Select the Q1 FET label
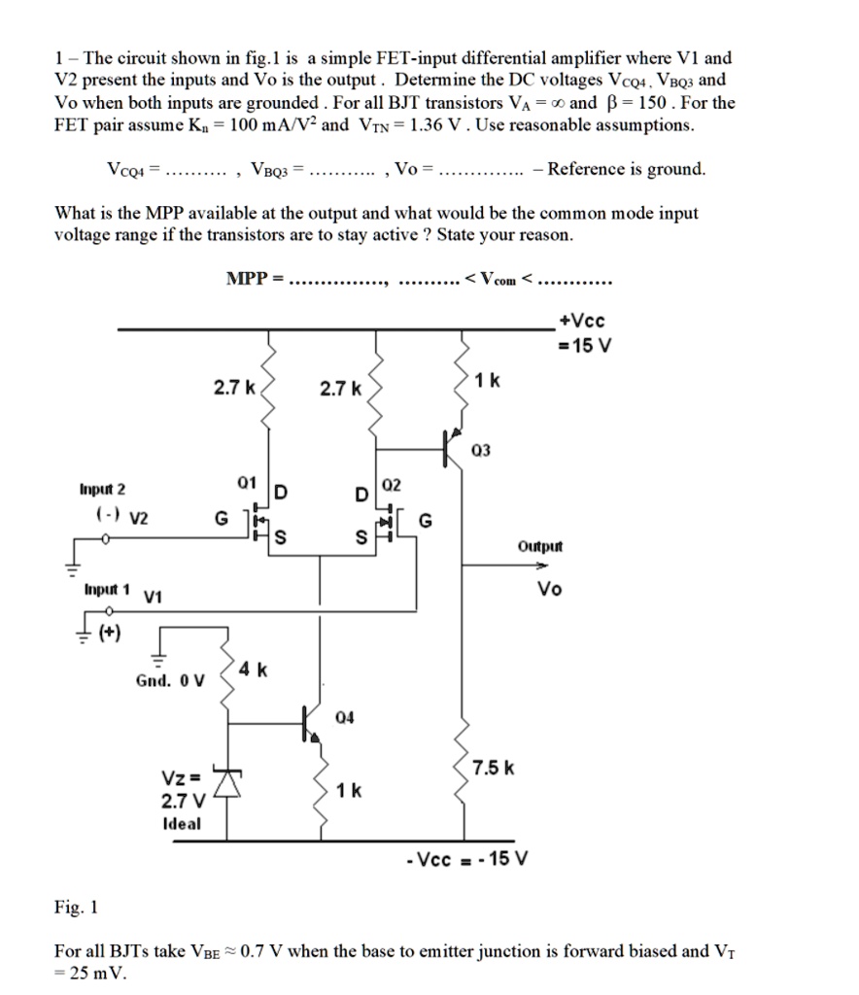point(246,481)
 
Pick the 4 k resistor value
point(257,670)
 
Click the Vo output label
point(549,590)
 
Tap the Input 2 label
point(104,489)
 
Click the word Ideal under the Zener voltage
point(182,823)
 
